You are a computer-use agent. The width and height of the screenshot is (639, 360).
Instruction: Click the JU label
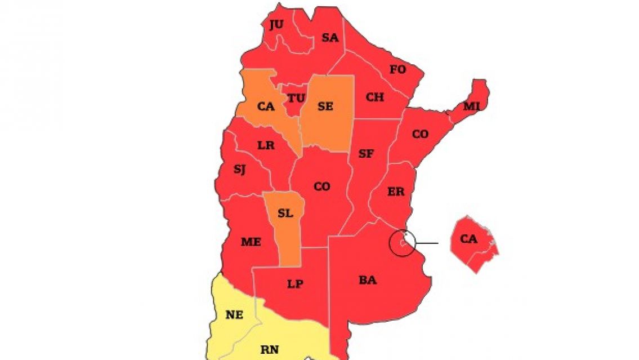pos(276,24)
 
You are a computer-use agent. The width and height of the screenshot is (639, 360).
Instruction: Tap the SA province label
pos(330,38)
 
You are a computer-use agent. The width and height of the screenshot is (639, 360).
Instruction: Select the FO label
pos(397,70)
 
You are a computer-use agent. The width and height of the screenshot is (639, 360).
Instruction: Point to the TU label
pos(296,98)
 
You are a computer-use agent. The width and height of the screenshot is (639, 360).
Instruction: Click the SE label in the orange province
pos(325,106)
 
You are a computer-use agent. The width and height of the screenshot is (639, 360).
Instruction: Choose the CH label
pos(374,97)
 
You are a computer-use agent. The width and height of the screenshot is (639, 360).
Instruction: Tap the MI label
pos(471,106)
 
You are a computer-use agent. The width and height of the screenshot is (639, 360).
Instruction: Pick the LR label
pos(266,145)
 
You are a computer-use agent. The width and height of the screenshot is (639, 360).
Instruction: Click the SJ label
pos(239,169)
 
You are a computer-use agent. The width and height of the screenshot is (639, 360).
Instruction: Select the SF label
pos(366,153)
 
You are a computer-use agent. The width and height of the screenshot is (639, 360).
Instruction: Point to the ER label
pos(396,192)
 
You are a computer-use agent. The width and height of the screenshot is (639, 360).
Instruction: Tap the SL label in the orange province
pos(285,214)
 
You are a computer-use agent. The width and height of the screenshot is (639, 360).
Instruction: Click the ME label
pos(251,242)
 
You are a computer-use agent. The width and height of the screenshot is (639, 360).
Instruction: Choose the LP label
pos(295,284)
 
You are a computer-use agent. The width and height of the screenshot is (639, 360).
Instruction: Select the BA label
pos(368,280)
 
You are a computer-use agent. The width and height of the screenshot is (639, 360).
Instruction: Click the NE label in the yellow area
pos(234,315)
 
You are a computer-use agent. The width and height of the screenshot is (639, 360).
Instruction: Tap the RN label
pos(269,349)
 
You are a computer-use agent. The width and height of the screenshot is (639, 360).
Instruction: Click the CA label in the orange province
pos(266,106)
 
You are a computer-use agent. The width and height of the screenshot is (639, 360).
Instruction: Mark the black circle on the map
pos(403,243)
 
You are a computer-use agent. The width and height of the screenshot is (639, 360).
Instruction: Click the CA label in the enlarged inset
pos(468,239)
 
